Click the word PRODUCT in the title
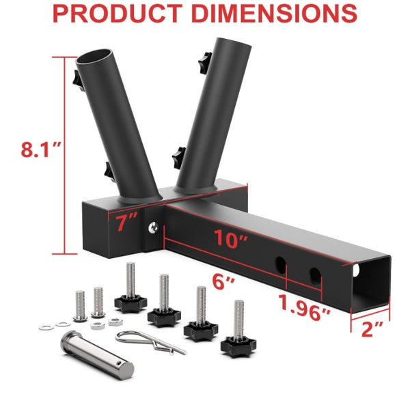coord(118,13)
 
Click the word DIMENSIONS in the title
coord(274,13)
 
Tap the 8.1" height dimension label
coord(41,149)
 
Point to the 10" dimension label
coord(231,238)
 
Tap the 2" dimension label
coord(372,329)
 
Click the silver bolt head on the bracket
coord(153,227)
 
